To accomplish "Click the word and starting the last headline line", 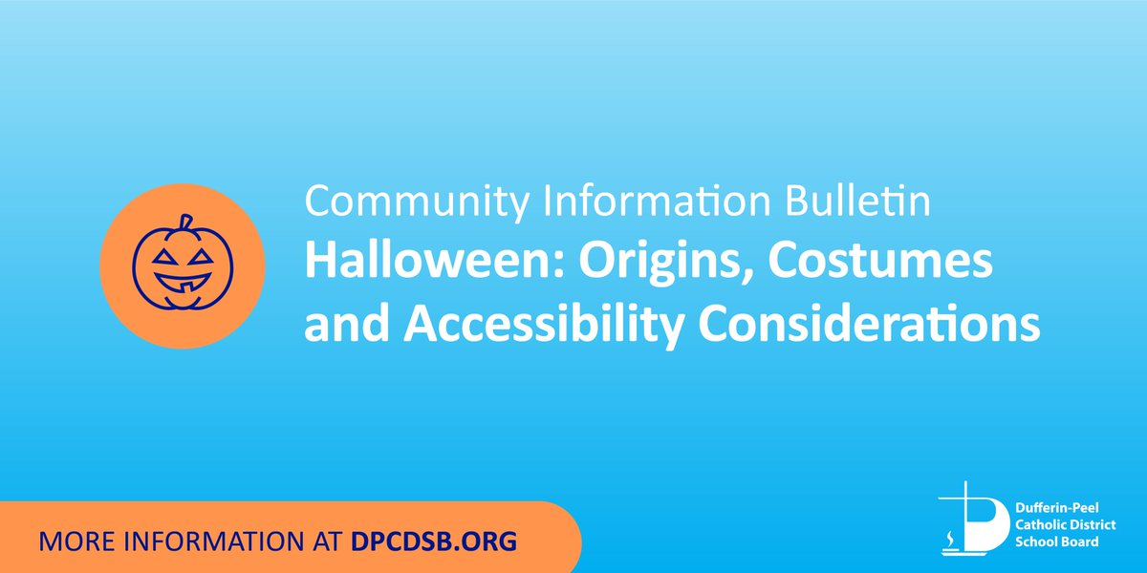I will tap(347, 326).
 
